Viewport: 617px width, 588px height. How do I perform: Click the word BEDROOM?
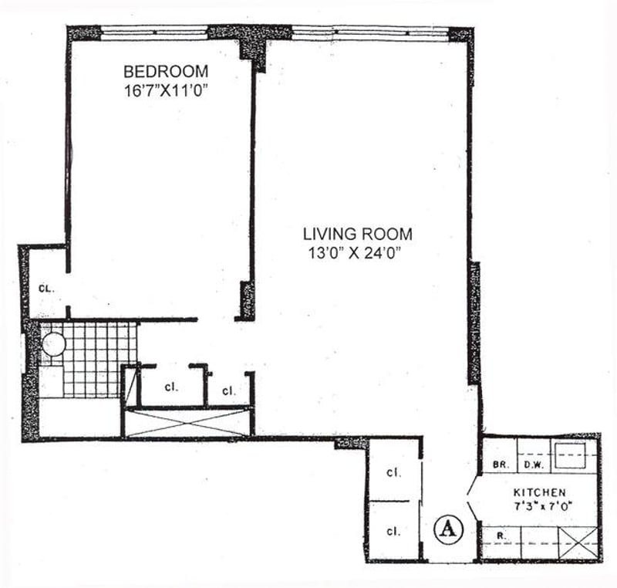(165, 71)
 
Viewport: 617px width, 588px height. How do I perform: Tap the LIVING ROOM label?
(357, 233)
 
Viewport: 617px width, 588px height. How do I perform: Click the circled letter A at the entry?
(446, 529)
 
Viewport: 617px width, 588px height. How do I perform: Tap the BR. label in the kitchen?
(498, 465)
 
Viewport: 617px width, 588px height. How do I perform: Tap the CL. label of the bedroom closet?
(46, 289)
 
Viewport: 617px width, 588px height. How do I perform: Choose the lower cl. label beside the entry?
(393, 531)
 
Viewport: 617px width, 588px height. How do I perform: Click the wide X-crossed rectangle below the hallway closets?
(189, 423)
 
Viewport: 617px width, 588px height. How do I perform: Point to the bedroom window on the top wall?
(155, 32)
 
